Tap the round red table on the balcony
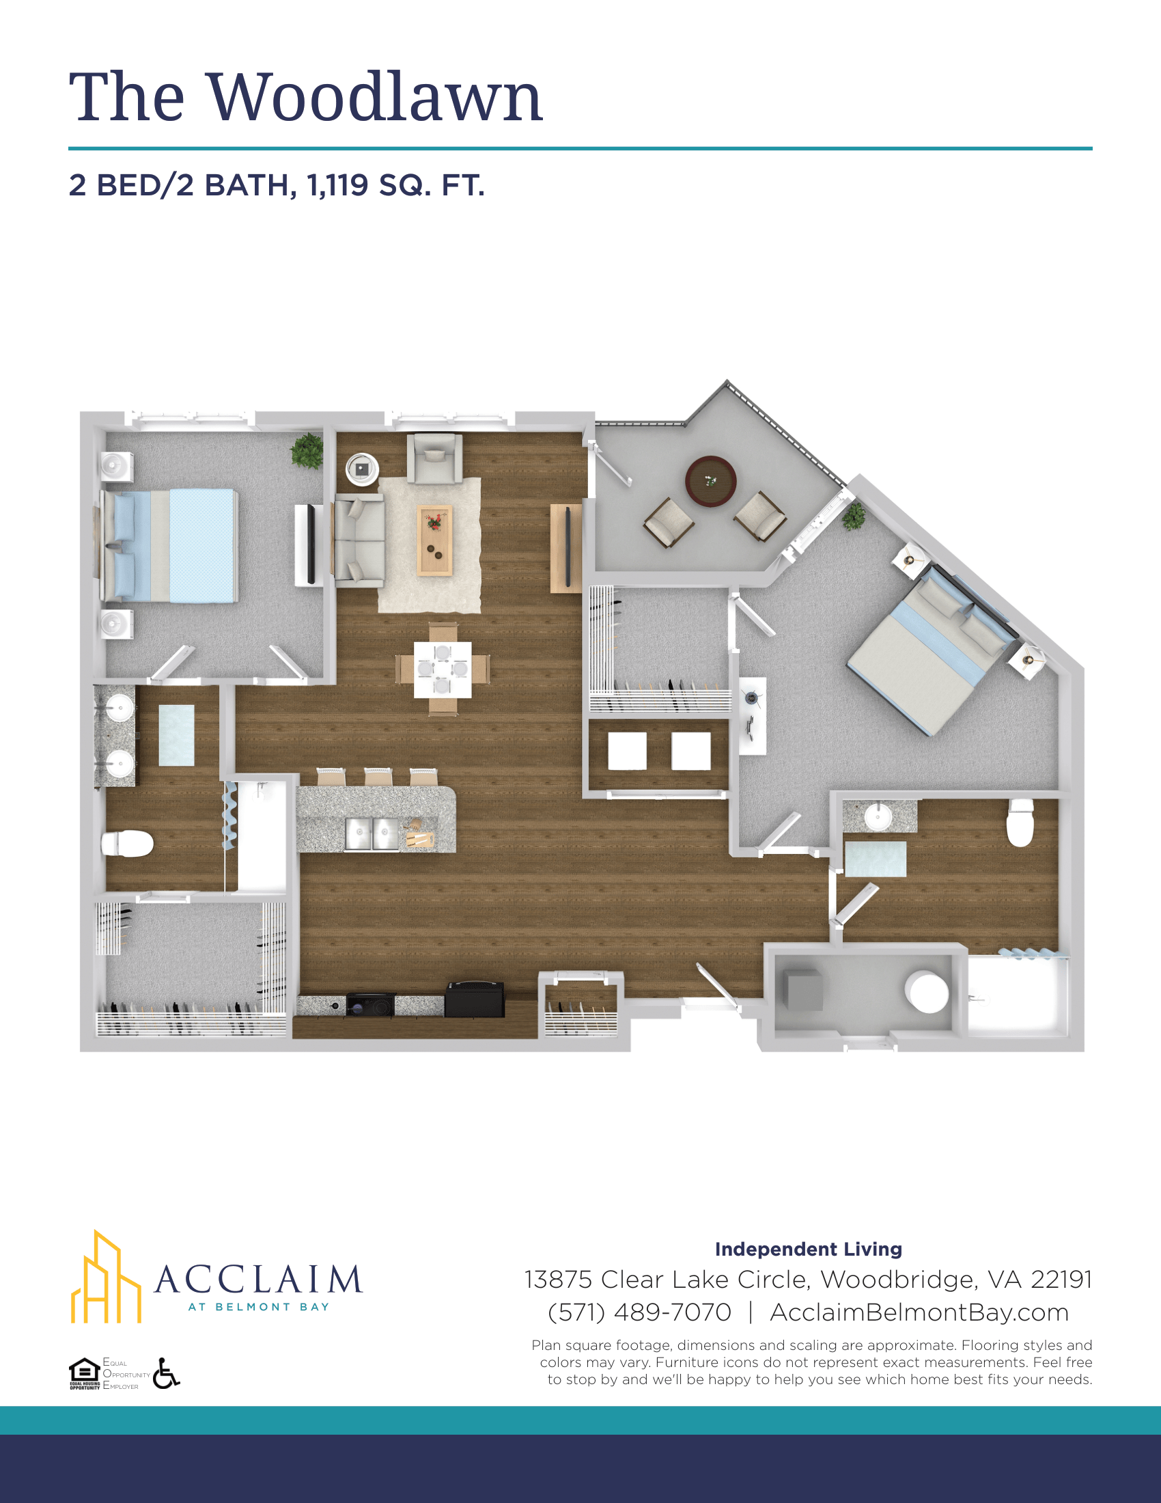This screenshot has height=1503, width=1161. click(710, 481)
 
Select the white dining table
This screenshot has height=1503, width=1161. click(443, 670)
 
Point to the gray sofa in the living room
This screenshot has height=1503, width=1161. click(359, 540)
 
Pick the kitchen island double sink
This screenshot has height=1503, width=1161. click(371, 835)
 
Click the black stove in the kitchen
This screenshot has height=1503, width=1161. click(370, 1006)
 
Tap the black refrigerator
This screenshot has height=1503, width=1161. click(475, 999)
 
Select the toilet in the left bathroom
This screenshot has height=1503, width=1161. click(127, 844)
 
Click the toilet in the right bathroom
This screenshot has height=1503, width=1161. click(1020, 823)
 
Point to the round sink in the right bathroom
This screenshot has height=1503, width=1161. click(878, 817)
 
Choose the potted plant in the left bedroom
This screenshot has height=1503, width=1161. click(307, 451)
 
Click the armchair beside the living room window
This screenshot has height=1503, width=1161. click(434, 458)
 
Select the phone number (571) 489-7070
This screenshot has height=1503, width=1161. click(639, 1312)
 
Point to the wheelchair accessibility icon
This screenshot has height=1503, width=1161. click(166, 1374)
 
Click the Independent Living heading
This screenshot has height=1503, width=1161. click(808, 1249)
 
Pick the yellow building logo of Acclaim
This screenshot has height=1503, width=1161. click(105, 1278)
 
